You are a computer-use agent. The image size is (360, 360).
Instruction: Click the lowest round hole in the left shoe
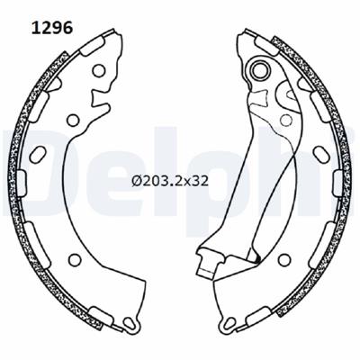(75, 260)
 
